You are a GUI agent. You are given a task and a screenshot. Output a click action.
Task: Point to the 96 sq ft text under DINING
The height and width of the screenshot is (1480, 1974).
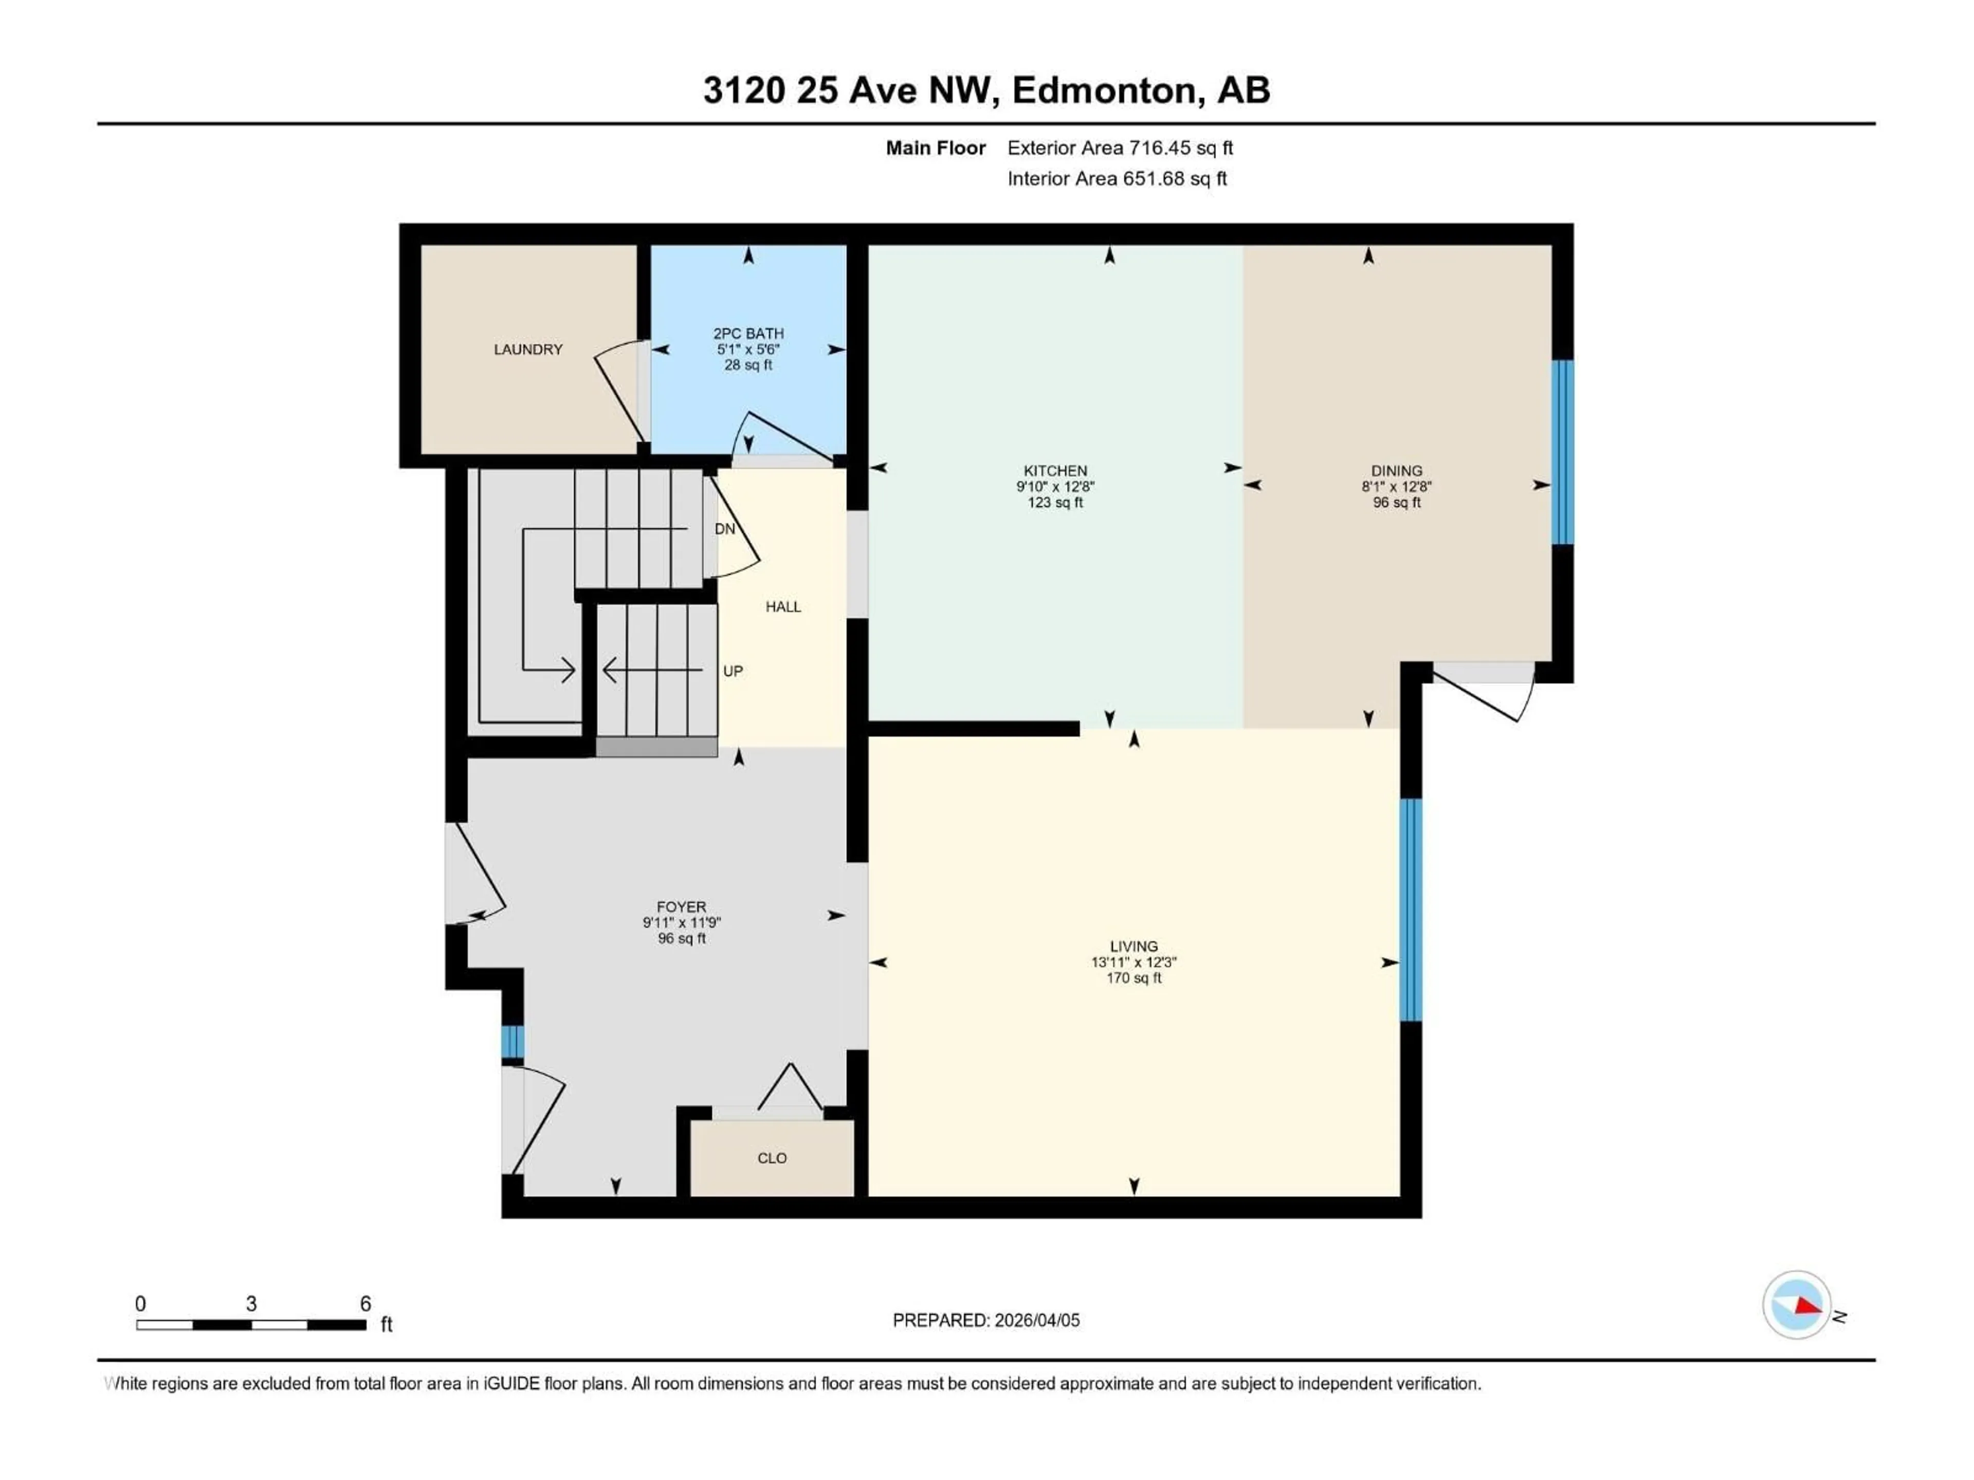[1397, 502]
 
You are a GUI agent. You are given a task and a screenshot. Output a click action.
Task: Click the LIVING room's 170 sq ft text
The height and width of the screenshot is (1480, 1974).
[1134, 978]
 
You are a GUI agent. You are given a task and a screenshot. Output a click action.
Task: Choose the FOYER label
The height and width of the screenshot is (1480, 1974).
[681, 906]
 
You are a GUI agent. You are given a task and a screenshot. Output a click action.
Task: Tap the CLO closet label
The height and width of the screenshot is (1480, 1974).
[772, 1158]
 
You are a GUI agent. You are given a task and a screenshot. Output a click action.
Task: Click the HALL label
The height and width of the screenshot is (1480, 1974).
[782, 606]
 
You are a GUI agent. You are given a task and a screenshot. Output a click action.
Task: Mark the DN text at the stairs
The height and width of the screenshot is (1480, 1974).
[725, 529]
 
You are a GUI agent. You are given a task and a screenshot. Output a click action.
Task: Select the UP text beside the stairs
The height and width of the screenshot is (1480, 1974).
[733, 671]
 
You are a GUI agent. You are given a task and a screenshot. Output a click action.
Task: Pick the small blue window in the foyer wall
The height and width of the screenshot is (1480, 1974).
[512, 1042]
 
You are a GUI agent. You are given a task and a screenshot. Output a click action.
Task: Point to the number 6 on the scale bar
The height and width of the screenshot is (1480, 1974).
[365, 1303]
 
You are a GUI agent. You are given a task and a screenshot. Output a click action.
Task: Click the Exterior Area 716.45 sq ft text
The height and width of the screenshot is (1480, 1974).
[1120, 148]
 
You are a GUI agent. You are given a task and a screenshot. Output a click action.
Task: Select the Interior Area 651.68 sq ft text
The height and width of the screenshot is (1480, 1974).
[1117, 178]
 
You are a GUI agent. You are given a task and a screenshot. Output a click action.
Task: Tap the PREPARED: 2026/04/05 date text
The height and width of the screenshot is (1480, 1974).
[986, 1320]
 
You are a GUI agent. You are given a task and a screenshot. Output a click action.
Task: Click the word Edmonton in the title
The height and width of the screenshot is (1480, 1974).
[1103, 90]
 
